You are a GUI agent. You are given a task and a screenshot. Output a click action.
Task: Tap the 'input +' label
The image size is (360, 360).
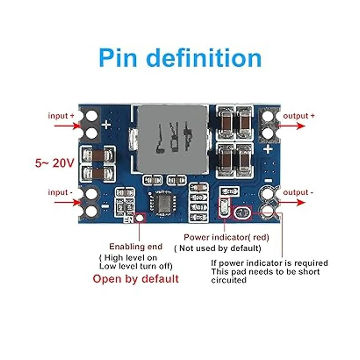[61, 116]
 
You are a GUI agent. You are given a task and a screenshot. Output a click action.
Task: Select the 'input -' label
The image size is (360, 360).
[60, 192]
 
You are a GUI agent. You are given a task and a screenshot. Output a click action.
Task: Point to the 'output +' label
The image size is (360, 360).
[299, 116]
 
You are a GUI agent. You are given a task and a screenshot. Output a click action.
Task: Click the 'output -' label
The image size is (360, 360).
[298, 192]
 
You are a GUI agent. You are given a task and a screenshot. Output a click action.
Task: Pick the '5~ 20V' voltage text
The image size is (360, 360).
[54, 163]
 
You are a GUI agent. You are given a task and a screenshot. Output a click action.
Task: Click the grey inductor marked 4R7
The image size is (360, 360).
[173, 140]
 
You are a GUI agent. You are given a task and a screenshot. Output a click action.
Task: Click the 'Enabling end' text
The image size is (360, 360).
[136, 247]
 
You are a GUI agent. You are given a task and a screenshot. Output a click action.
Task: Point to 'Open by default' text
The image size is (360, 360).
[136, 279]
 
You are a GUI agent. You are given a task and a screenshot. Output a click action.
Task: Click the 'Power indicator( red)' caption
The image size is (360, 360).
[226, 237]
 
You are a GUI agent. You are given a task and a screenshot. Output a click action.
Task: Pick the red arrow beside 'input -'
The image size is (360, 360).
[67, 202]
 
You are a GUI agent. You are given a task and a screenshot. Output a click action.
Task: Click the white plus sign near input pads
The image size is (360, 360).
[106, 124]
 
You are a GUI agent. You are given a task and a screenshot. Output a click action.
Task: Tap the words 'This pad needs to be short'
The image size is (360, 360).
[265, 272]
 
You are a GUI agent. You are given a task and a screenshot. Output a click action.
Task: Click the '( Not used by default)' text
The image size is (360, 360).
[218, 248]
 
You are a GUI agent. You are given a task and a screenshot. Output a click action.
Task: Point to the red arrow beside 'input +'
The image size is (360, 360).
[67, 126]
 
